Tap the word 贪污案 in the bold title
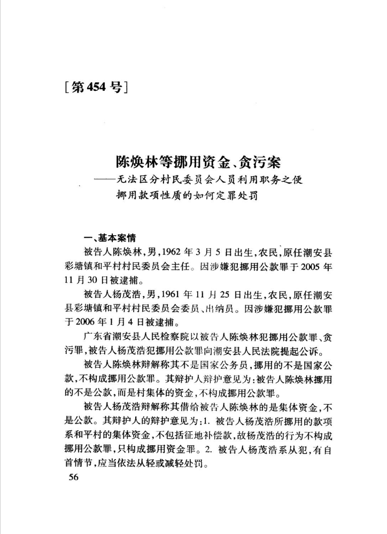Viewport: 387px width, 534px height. (260, 160)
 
